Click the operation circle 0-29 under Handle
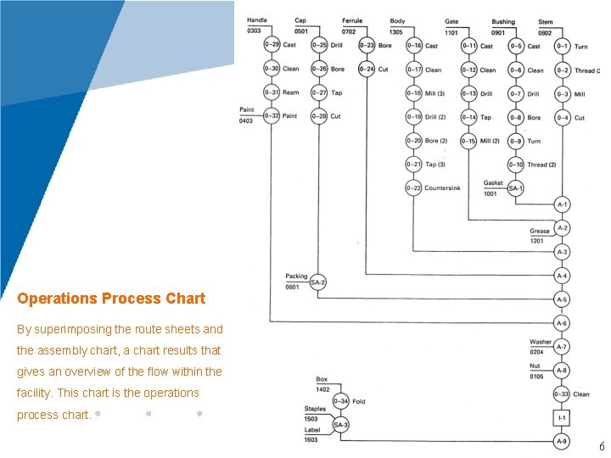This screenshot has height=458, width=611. [272, 45]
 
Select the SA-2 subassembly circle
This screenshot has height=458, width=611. [318, 282]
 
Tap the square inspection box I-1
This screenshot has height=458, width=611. [562, 418]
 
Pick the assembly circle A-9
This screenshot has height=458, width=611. [562, 442]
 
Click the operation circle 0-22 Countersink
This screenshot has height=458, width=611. [413, 188]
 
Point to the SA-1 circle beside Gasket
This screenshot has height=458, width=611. [515, 188]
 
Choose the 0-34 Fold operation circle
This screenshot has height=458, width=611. [340, 401]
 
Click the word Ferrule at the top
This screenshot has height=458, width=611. [352, 21]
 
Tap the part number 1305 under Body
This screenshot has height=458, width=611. [397, 31]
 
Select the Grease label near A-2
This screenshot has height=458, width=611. [540, 231]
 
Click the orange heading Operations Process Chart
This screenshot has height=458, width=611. [111, 299]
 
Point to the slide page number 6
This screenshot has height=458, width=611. [602, 446]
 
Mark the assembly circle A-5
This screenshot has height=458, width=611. [562, 299]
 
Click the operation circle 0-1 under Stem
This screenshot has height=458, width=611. [562, 46]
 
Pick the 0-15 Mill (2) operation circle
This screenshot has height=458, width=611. [468, 141]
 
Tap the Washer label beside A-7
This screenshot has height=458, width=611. [541, 343]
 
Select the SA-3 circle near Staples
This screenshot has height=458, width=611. [340, 424]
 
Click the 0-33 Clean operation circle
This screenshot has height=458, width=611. [562, 394]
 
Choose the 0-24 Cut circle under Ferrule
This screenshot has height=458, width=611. [366, 70]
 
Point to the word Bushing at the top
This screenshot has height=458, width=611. [503, 21]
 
